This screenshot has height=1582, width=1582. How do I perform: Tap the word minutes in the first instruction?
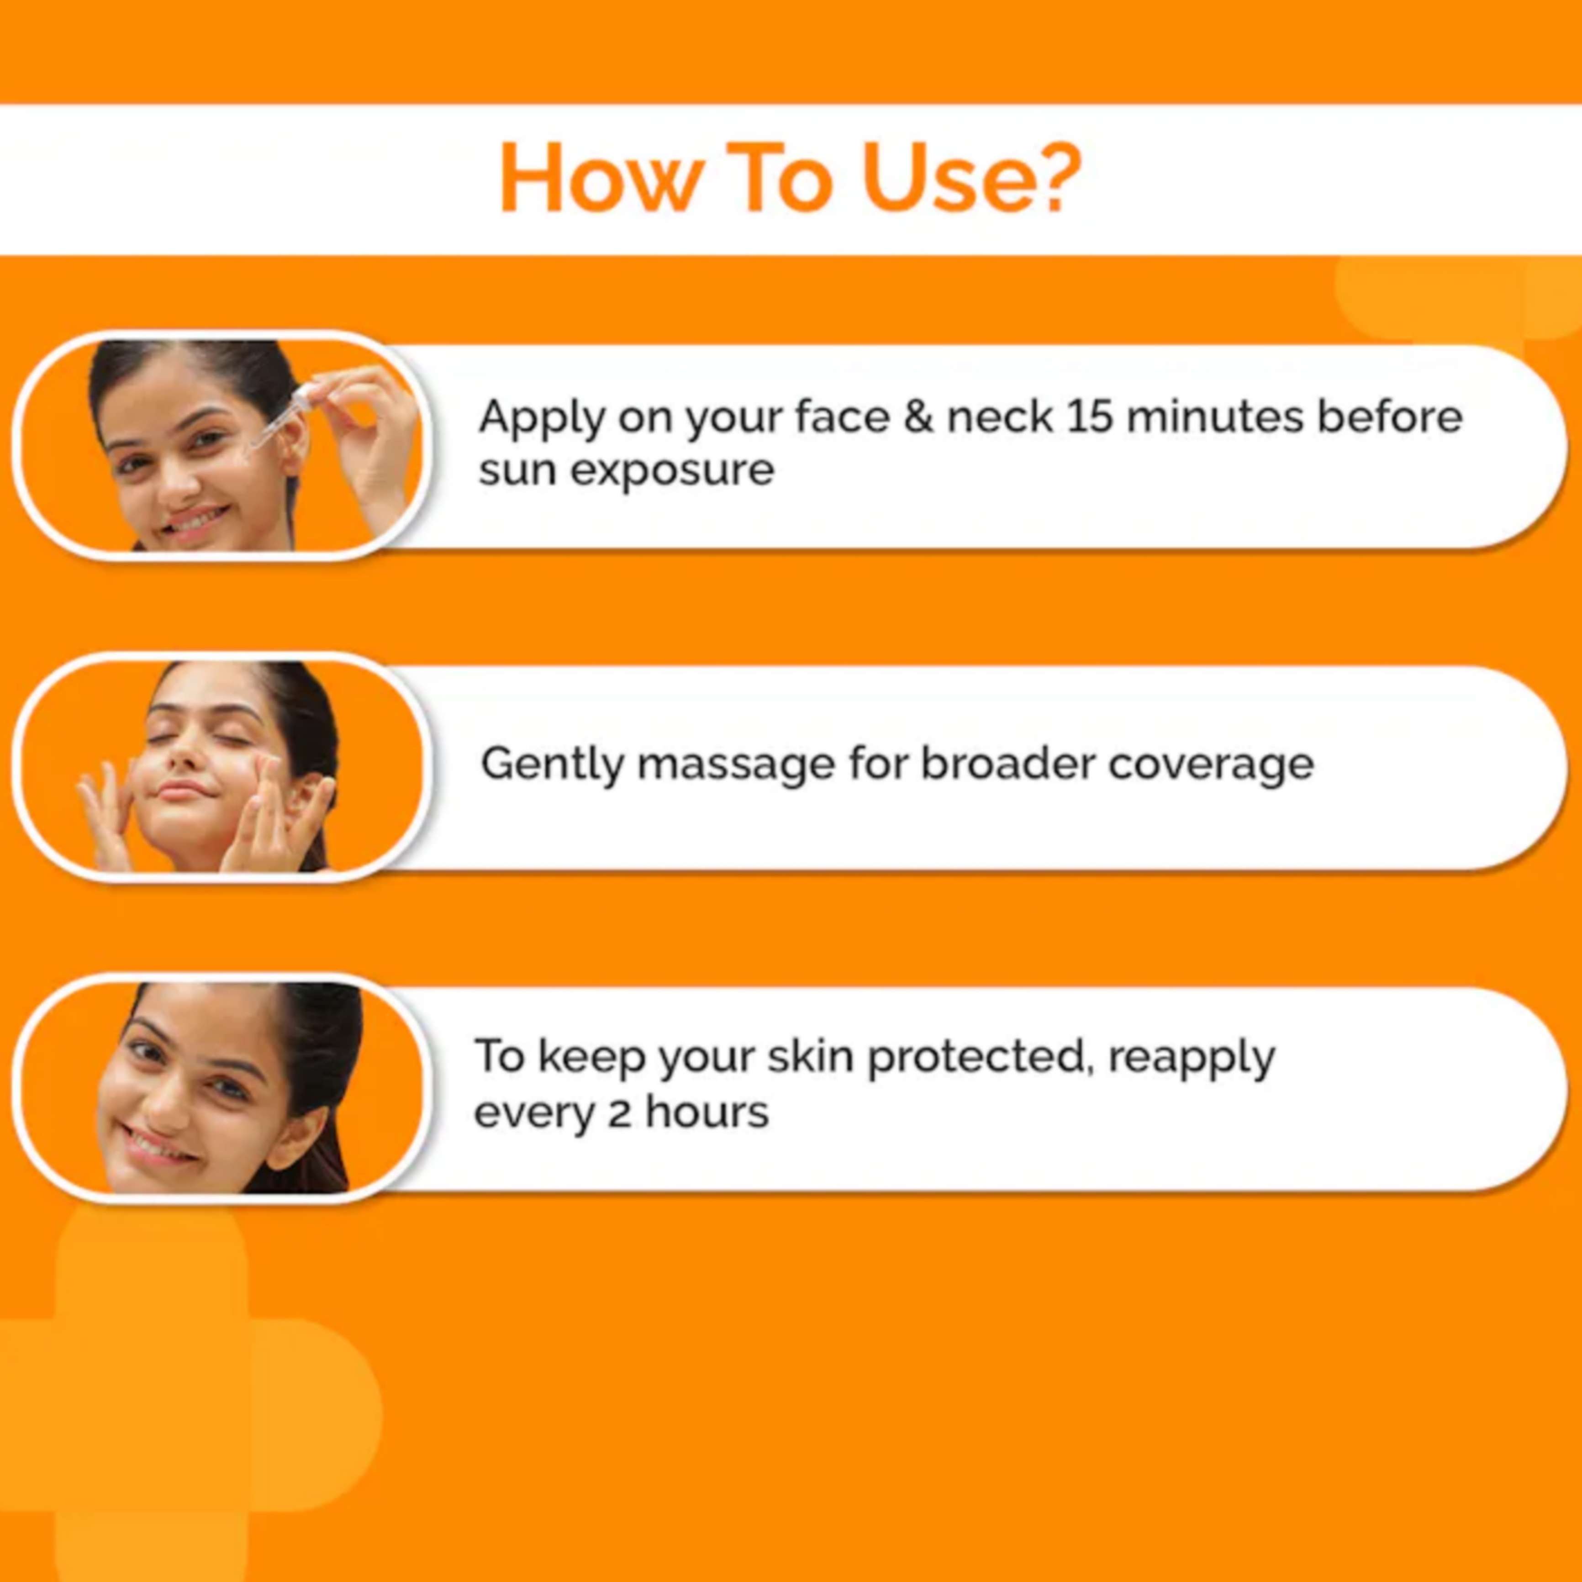point(1216,417)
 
